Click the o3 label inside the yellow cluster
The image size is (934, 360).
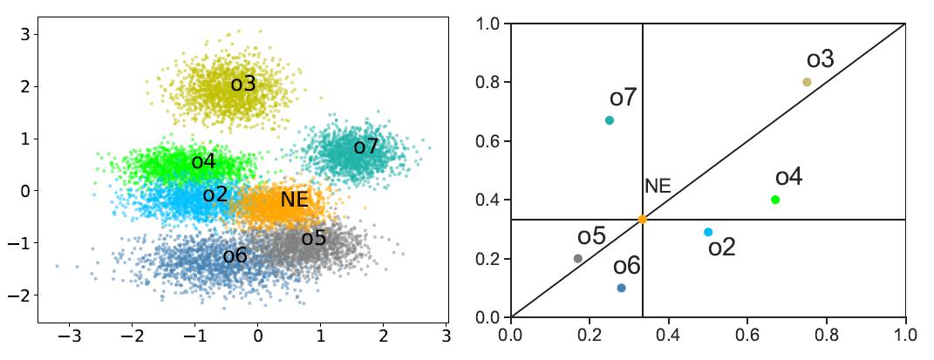[243, 85]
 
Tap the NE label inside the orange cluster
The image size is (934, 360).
[295, 200]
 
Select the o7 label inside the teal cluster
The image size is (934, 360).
[366, 147]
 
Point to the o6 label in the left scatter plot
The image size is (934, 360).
[235, 255]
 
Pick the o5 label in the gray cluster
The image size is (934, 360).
[314, 238]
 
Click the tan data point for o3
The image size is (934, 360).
[807, 82]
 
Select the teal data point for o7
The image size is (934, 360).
[610, 120]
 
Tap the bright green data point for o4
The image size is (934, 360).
[775, 200]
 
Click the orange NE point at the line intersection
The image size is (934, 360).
[643, 220]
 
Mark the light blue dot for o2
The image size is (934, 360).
[708, 232]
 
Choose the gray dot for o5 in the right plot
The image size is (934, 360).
[578, 258]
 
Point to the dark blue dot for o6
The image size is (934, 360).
[621, 288]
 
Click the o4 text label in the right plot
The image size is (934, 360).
[788, 177]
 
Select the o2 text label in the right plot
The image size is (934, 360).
[721, 248]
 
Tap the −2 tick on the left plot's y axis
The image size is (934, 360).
[18, 296]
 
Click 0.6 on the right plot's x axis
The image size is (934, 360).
[747, 333]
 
